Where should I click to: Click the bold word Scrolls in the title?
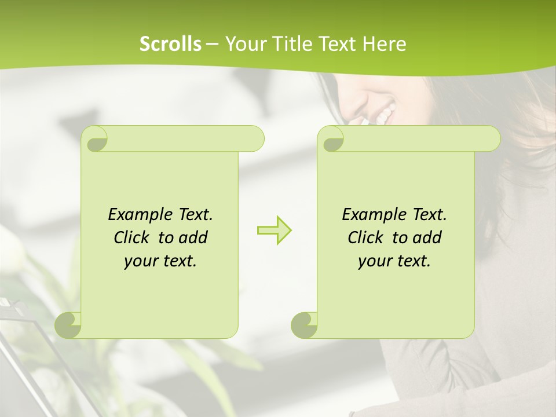[170, 43]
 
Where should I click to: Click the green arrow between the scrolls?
[274, 231]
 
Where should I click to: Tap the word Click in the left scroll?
[127, 237]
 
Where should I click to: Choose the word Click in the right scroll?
[361, 237]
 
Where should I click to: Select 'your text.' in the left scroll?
[160, 261]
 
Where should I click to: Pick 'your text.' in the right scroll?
[394, 261]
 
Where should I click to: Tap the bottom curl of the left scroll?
[68, 324]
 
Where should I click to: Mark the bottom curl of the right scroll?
[305, 324]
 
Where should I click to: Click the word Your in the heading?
[244, 43]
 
